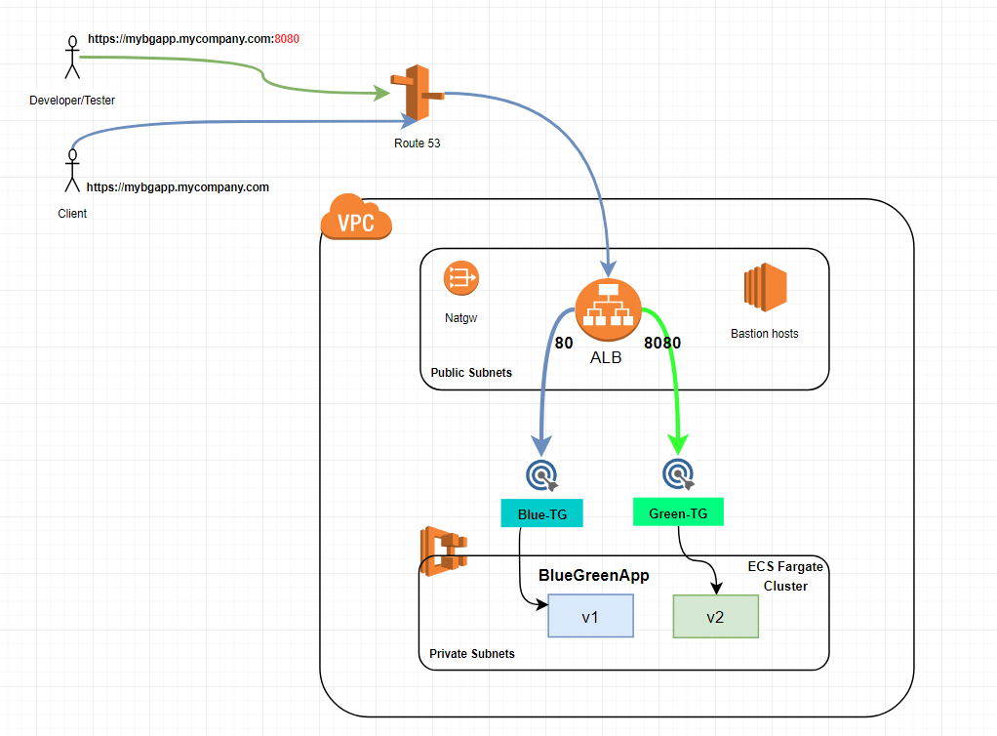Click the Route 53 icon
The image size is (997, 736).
point(416,96)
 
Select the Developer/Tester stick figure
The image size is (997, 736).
point(70,59)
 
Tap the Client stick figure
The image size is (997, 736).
point(71,172)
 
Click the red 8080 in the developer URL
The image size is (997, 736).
point(287,39)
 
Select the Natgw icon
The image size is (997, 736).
point(461,278)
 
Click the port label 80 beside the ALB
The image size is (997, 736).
point(564,344)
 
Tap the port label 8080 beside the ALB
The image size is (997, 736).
point(661,344)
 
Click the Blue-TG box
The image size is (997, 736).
point(541,513)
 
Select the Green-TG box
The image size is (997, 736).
point(678,512)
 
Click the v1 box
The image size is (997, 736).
point(590,616)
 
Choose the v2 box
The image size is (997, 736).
point(715,616)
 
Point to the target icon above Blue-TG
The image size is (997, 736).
point(541,474)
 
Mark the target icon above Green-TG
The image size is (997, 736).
point(678,474)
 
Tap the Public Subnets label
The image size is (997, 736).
point(471,373)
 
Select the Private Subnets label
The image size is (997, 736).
point(472,653)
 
